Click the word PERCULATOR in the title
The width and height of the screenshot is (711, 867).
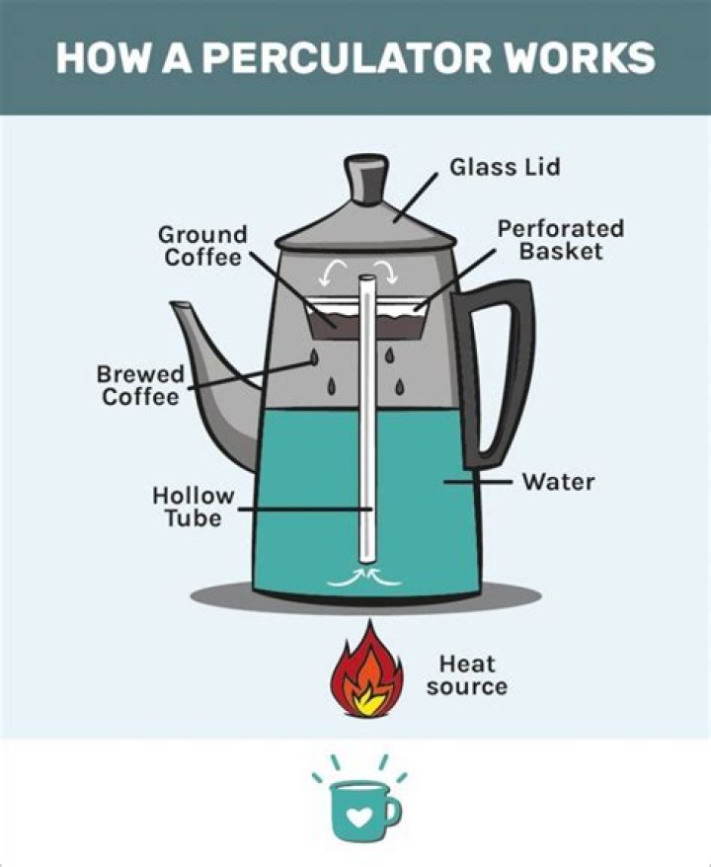[350, 57]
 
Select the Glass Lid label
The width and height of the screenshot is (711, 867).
[505, 167]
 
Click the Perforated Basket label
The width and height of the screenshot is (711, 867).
[561, 240]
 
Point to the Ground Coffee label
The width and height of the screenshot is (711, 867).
[202, 246]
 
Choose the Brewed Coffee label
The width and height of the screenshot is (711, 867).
[140, 385]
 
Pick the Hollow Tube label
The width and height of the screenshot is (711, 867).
[193, 507]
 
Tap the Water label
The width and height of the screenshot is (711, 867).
[559, 482]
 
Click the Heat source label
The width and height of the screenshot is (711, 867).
[467, 675]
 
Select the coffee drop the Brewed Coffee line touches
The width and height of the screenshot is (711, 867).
[314, 357]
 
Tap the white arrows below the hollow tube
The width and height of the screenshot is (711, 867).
[364, 576]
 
